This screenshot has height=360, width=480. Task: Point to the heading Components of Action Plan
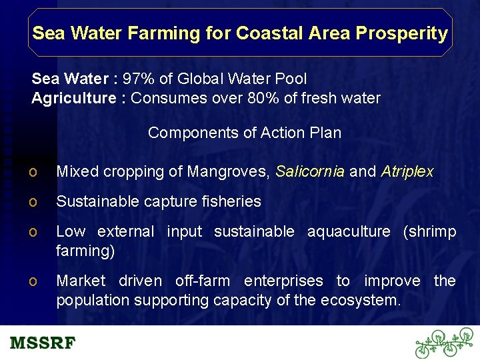point(245,133)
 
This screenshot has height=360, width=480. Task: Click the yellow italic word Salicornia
point(310,172)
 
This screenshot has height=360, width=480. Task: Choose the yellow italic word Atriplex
point(407,172)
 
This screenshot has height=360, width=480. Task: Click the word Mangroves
point(228,172)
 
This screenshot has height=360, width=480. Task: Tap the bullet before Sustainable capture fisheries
point(33,202)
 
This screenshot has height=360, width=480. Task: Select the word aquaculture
point(349,231)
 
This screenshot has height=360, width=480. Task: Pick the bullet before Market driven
point(33,281)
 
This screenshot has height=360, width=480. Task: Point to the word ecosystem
point(361,301)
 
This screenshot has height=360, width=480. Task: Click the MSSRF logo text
point(43,343)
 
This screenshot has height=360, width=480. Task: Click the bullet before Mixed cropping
point(33,173)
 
